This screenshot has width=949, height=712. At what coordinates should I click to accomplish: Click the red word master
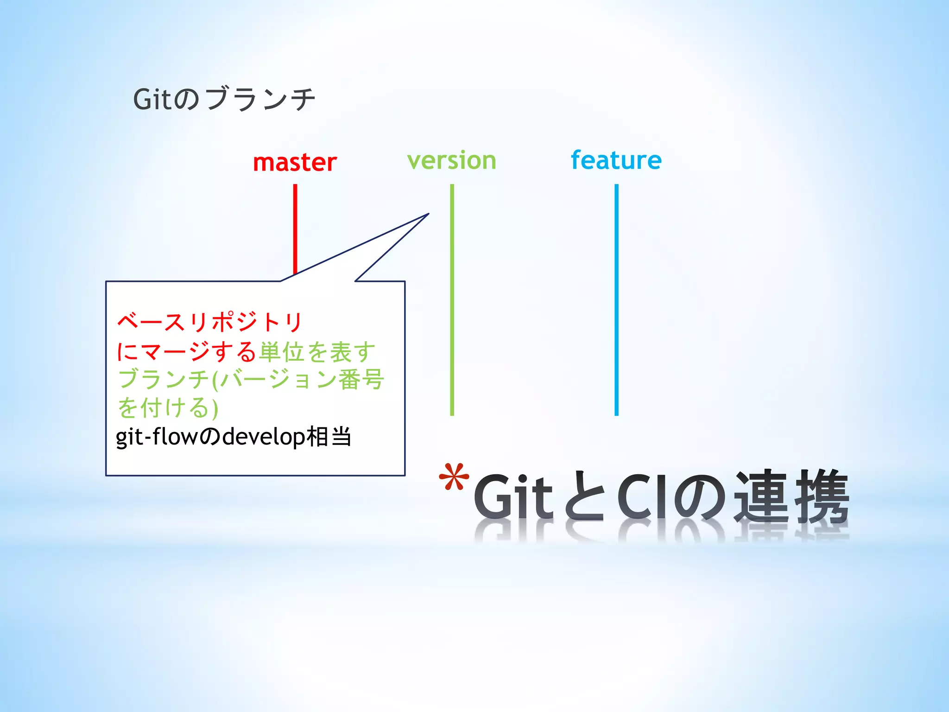(x=295, y=163)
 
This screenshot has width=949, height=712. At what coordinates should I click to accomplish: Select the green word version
(x=452, y=161)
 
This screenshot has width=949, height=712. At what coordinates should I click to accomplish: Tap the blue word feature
(x=616, y=160)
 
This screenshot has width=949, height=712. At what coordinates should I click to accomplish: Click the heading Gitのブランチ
(x=224, y=99)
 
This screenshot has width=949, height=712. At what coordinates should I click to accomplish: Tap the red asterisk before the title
(x=454, y=477)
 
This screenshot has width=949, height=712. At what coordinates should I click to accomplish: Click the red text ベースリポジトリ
(x=210, y=322)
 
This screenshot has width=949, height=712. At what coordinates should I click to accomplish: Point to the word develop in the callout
(x=264, y=437)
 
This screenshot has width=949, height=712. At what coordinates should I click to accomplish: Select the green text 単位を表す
(x=317, y=352)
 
